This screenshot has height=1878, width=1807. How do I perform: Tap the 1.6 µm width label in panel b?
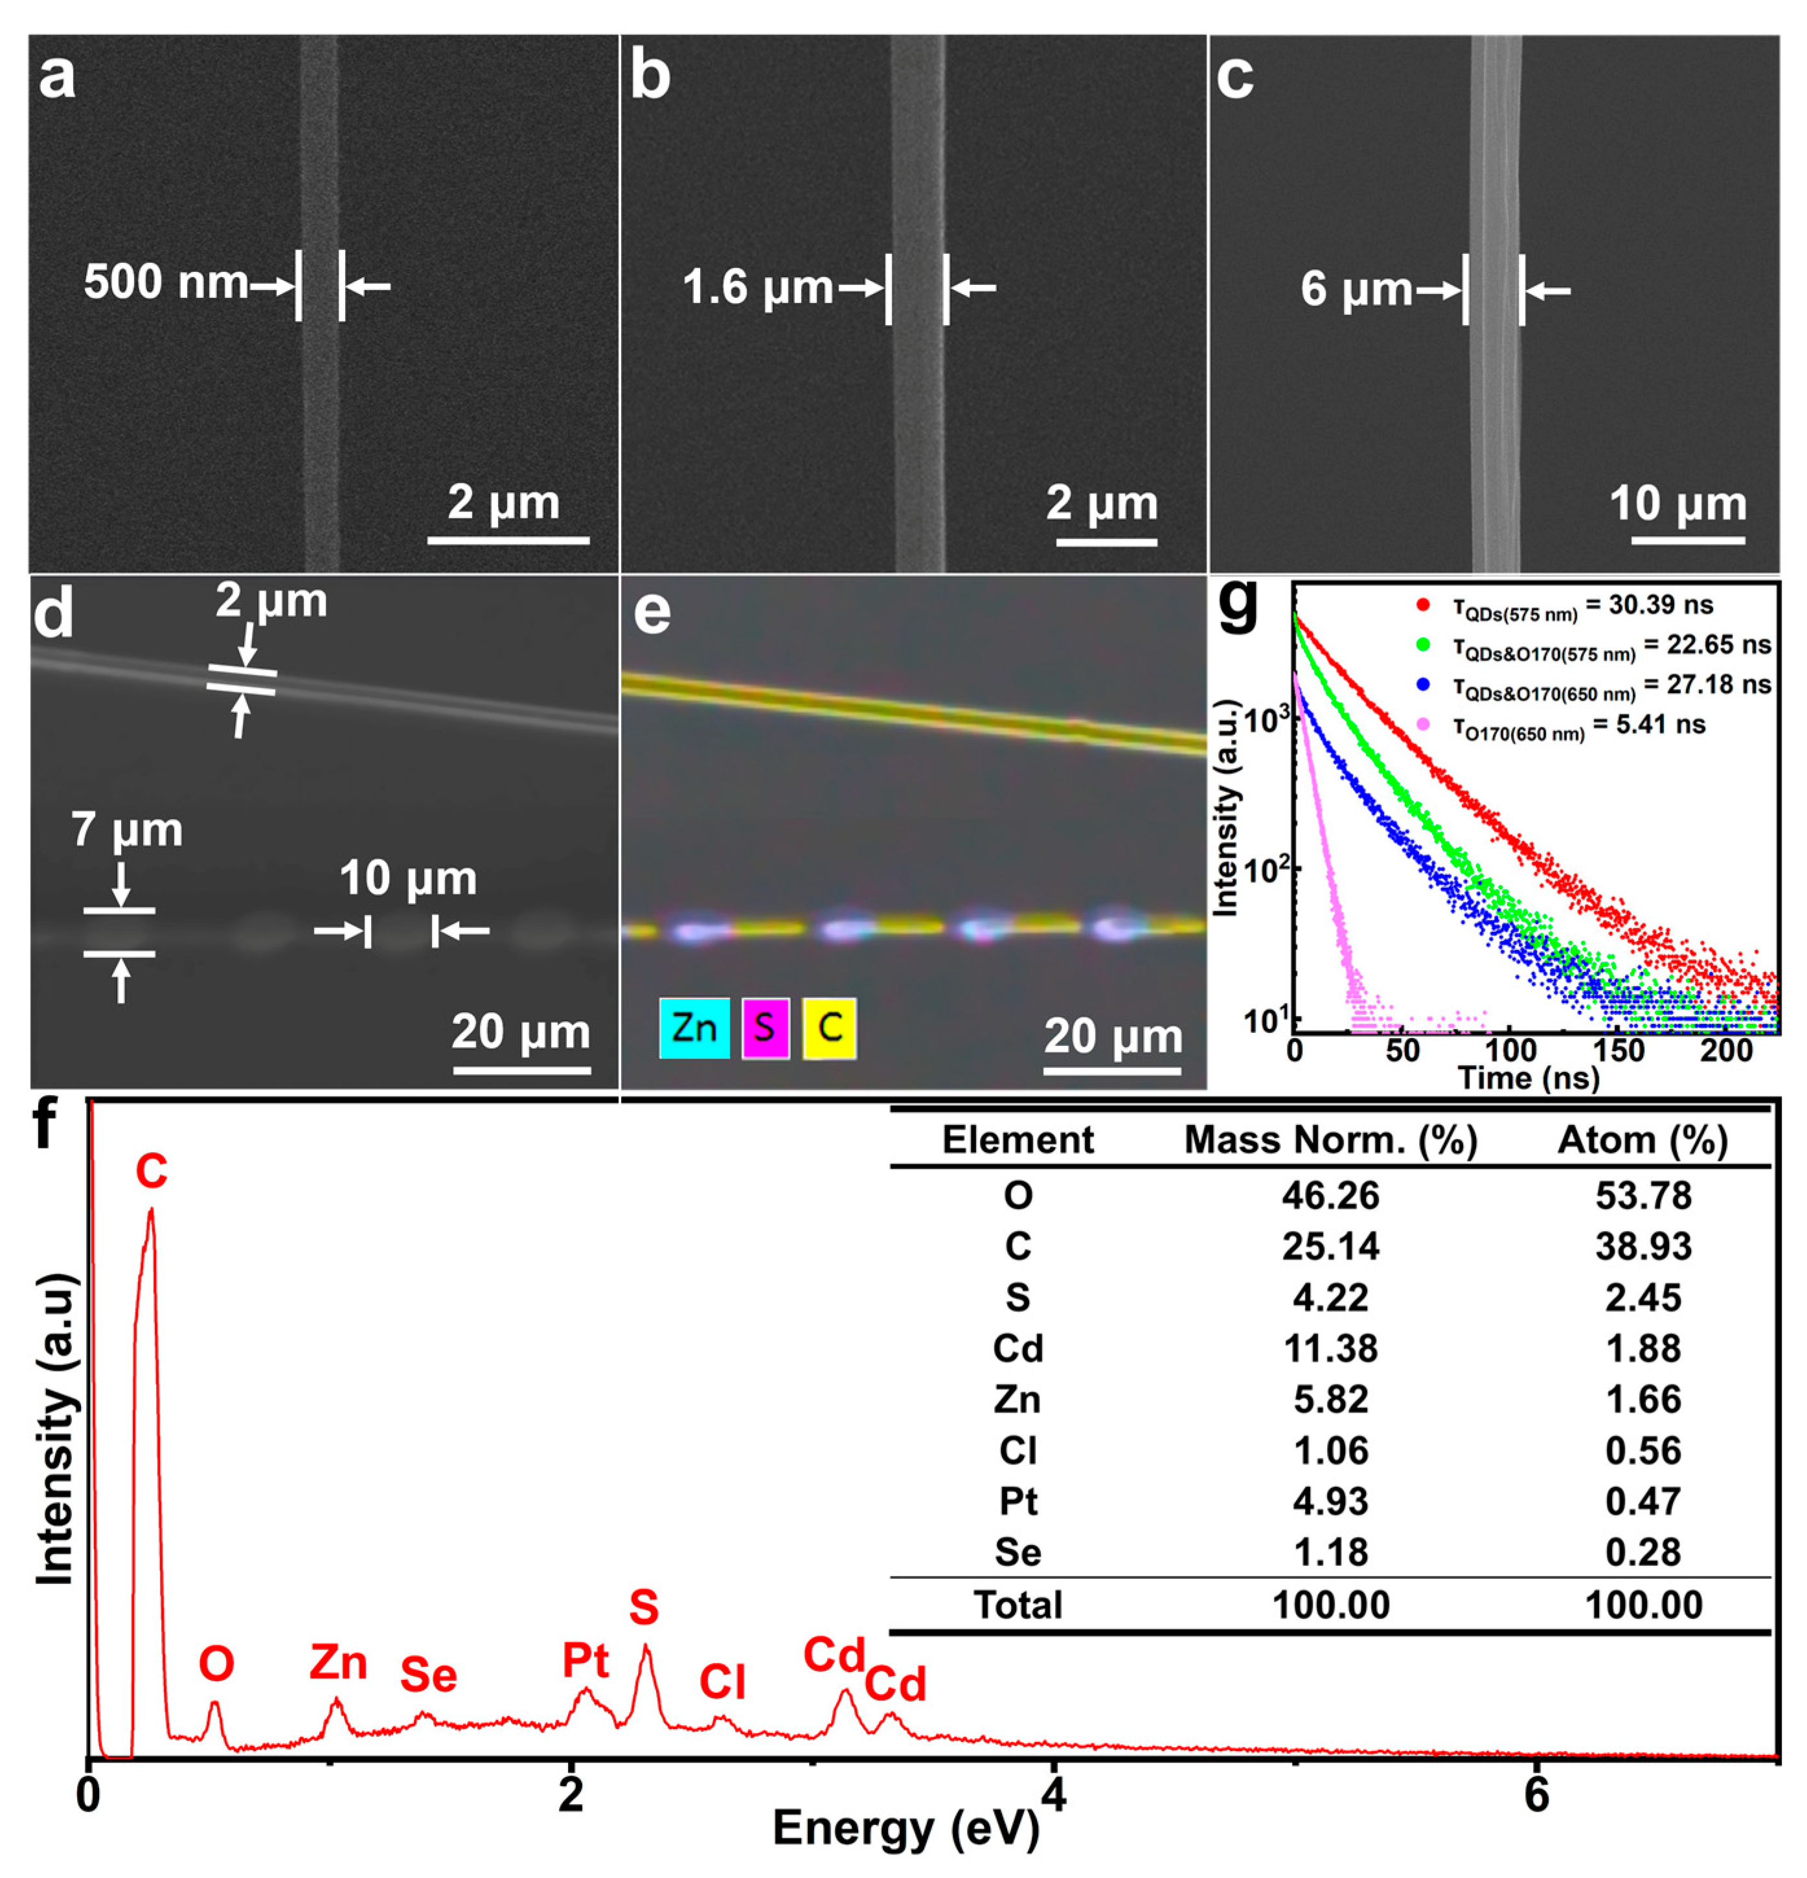click(757, 288)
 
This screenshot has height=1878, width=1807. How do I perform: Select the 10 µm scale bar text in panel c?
click(1677, 503)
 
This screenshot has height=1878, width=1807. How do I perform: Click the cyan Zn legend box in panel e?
click(694, 1028)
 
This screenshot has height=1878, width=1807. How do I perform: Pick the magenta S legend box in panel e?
click(764, 1028)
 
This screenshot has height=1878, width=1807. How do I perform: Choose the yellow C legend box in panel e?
click(829, 1028)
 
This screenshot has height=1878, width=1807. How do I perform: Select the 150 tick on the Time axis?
click(1619, 1049)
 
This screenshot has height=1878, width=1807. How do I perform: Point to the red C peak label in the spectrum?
click(152, 1170)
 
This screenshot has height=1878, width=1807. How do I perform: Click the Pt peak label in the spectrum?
click(585, 1660)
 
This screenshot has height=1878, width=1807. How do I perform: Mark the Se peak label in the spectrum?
click(428, 1674)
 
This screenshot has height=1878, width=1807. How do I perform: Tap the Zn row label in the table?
click(1017, 1399)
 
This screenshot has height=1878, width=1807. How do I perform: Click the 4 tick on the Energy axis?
click(1053, 1794)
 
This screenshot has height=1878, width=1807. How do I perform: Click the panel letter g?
click(1237, 605)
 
